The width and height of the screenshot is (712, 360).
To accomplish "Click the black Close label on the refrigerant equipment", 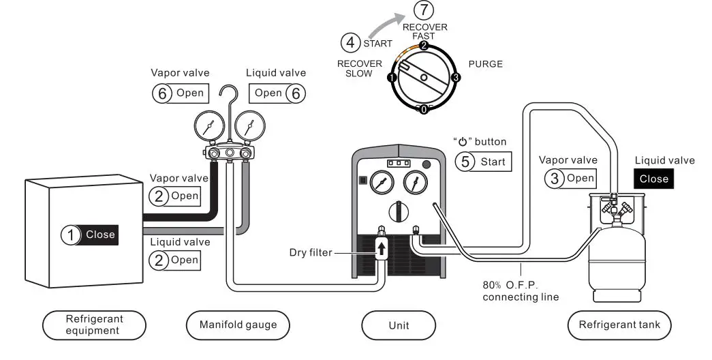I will (x=100, y=235).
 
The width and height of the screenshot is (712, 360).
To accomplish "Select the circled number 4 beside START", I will (x=350, y=43).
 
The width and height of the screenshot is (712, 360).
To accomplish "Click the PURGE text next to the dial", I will (x=486, y=64).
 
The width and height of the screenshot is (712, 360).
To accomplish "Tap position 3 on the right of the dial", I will (x=456, y=77).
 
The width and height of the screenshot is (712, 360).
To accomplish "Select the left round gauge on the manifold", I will (x=208, y=126).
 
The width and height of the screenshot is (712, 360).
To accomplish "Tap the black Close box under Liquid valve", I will (x=653, y=179).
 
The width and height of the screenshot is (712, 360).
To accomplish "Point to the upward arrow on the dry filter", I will (x=382, y=248).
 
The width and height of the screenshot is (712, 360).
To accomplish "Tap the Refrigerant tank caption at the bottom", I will (x=619, y=325).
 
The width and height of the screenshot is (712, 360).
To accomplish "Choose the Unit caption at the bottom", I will (x=399, y=325).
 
